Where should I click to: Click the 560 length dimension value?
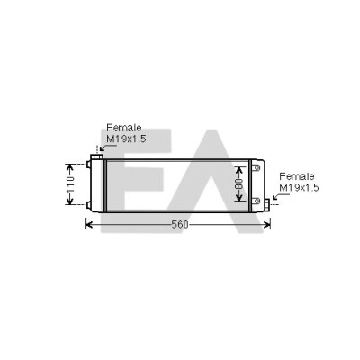click(x=180, y=224)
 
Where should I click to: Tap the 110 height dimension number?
click(x=70, y=184)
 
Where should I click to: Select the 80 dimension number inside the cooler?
click(x=239, y=184)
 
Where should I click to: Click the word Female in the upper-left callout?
click(x=124, y=128)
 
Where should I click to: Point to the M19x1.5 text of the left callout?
click(x=126, y=139)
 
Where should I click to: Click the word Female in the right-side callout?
click(x=297, y=176)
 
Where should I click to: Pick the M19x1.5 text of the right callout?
click(x=299, y=188)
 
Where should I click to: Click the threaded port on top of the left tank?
click(x=97, y=157)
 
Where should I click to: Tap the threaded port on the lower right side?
click(x=267, y=204)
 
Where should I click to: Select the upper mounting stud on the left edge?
click(x=88, y=165)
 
